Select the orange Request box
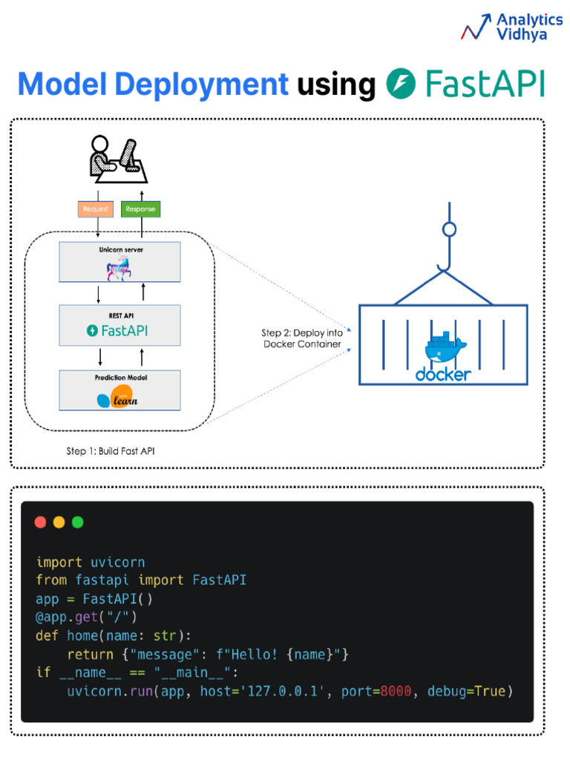pyautogui.click(x=95, y=209)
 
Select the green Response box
pyautogui.click(x=140, y=209)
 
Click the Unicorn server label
pyautogui.click(x=120, y=250)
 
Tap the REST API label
pyautogui.click(x=120, y=315)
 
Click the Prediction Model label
pyautogui.click(x=120, y=378)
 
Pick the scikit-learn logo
pyautogui.click(x=117, y=399)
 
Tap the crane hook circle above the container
pyautogui.click(x=449, y=229)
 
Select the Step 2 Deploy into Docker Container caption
pyautogui.click(x=303, y=338)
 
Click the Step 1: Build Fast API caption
pyautogui.click(x=111, y=451)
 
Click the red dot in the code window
pyautogui.click(x=40, y=522)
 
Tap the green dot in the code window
pyautogui.click(x=77, y=522)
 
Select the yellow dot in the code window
pyautogui.click(x=59, y=522)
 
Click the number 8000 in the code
pyautogui.click(x=396, y=691)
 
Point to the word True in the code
pyautogui.click(x=489, y=691)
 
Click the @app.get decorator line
pyautogui.click(x=87, y=617)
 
